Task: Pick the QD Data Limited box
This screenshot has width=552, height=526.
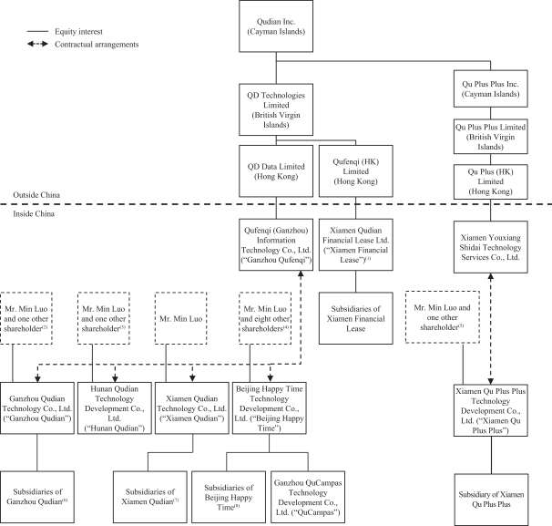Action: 277,170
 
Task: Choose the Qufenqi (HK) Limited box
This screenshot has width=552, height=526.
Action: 355,170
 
